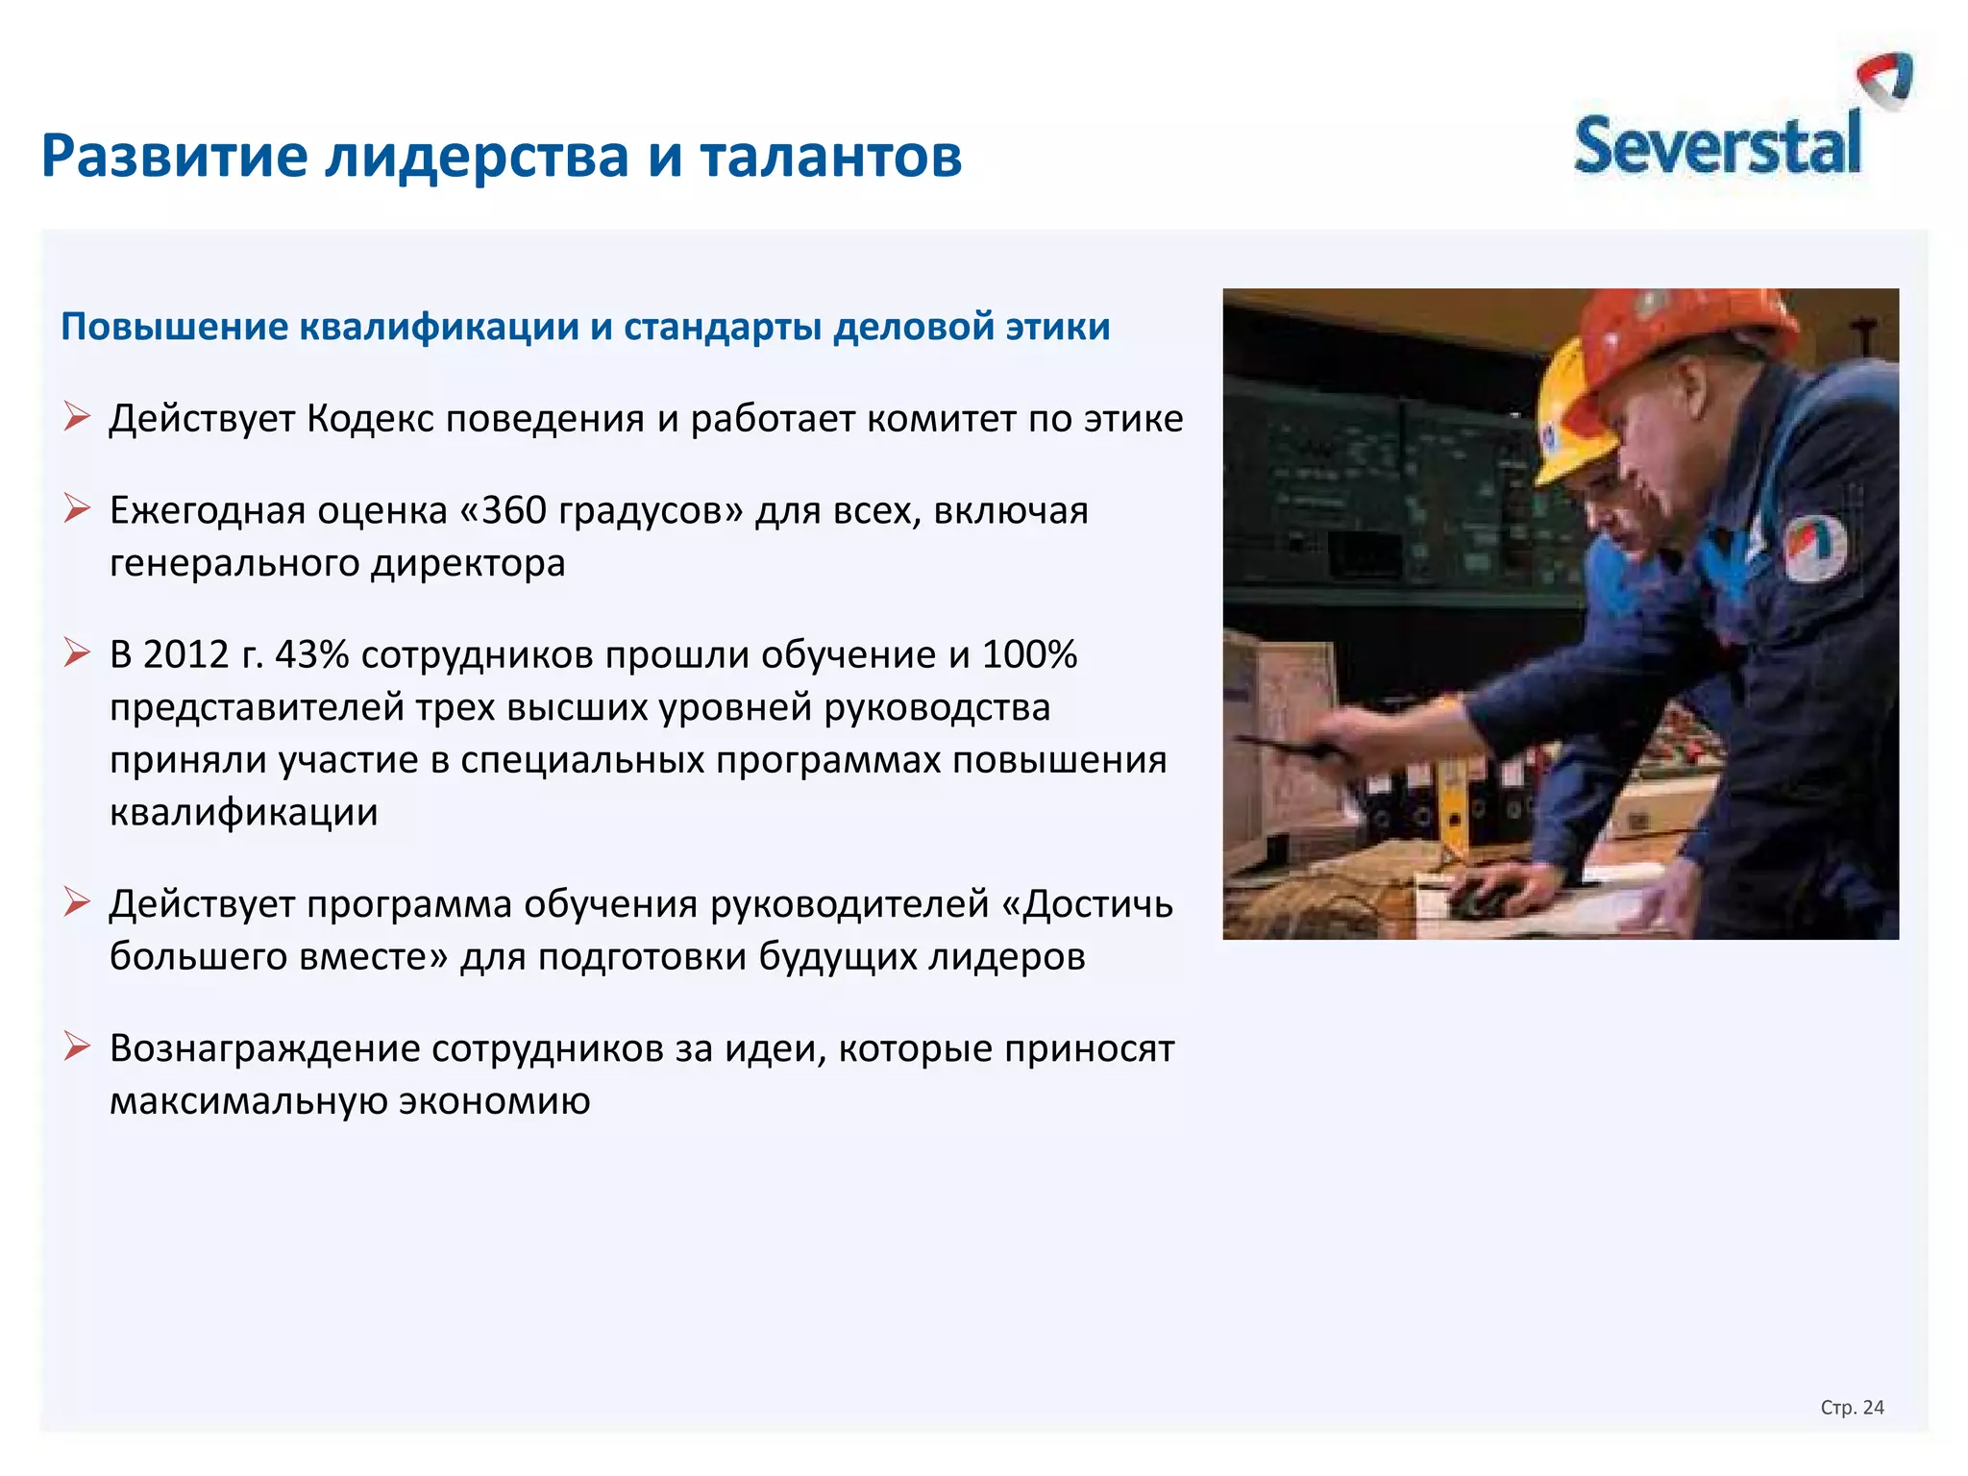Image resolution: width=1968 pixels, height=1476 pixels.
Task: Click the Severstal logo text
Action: click(1716, 146)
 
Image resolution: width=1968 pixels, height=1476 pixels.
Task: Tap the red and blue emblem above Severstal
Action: click(1885, 80)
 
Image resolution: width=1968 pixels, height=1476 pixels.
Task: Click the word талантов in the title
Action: click(830, 156)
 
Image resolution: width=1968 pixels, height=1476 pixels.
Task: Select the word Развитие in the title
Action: click(174, 156)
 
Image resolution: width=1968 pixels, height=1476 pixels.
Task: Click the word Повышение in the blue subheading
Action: click(174, 327)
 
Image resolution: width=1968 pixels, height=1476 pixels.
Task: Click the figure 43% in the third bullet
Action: click(311, 654)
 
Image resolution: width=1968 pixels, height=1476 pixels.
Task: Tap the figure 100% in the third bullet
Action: click(1029, 654)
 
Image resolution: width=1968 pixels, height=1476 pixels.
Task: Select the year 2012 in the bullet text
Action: click(185, 654)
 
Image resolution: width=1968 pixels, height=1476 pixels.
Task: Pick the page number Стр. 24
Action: click(1852, 1408)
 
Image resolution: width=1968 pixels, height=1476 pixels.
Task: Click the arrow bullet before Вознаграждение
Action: click(77, 1045)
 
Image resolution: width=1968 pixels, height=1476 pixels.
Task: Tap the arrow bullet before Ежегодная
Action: click(77, 508)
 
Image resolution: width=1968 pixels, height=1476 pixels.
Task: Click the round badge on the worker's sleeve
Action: click(1814, 548)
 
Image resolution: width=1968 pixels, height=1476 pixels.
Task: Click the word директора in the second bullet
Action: click(468, 563)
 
